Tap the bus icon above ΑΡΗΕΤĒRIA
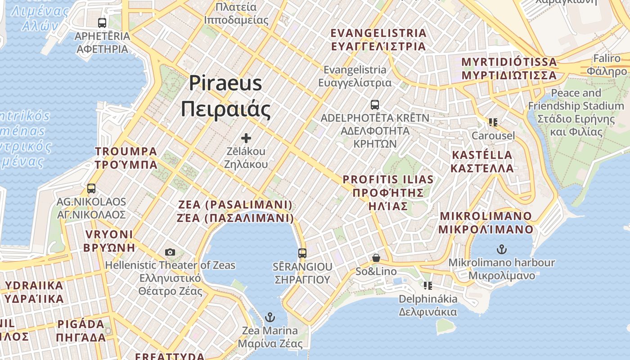coord(102,22)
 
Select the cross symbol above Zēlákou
coord(246,138)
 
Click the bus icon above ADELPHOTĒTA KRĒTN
coord(375,105)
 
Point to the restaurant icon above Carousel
coord(493,122)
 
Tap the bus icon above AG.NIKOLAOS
coord(91,189)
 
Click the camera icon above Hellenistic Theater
coord(170,252)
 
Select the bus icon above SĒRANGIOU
coord(302,253)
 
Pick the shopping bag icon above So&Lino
coord(376,258)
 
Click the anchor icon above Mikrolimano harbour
coord(501,249)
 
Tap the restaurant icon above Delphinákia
coord(427,286)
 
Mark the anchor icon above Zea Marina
coord(270,318)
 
